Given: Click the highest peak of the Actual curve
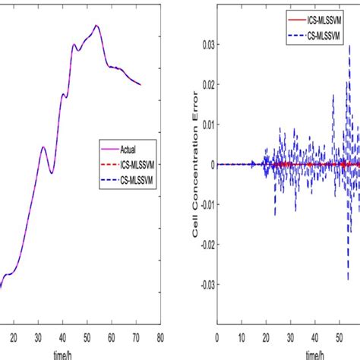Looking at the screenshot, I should click(x=96, y=25).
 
